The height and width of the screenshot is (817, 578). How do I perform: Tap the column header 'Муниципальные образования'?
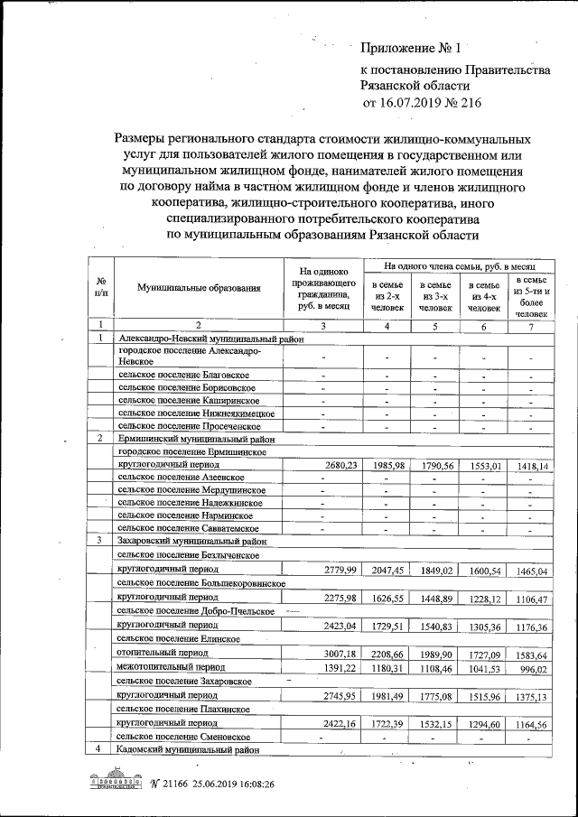[x=199, y=288]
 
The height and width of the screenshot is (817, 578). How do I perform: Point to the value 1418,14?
[x=530, y=466]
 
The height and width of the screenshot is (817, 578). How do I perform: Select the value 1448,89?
[x=436, y=599]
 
